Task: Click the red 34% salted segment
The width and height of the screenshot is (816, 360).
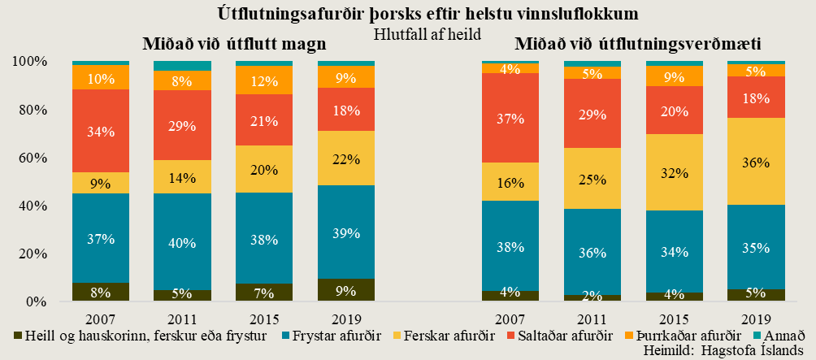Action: pyautogui.click(x=101, y=131)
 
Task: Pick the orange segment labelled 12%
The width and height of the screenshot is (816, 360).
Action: pyautogui.click(x=264, y=80)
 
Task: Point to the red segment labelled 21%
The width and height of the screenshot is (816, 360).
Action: pyautogui.click(x=264, y=120)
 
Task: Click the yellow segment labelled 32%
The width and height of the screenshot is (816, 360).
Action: pyautogui.click(x=675, y=172)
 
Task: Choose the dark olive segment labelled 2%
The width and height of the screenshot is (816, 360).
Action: pyautogui.click(x=592, y=297)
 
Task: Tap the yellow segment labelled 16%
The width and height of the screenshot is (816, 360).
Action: pyautogui.click(x=510, y=181)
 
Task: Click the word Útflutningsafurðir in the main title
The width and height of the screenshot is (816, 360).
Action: pyautogui.click(x=285, y=14)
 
